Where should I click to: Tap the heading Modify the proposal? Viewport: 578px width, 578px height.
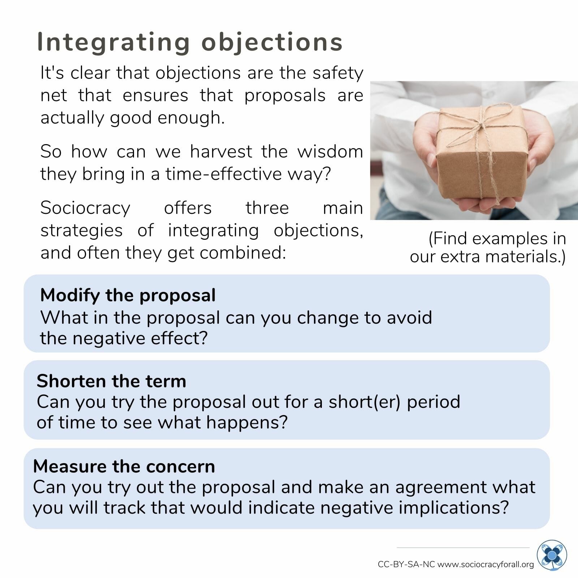(x=128, y=295)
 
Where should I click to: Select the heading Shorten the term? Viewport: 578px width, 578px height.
(x=111, y=381)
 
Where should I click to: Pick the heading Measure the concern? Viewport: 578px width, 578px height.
(x=124, y=466)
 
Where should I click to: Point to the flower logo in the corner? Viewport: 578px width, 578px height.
(x=552, y=555)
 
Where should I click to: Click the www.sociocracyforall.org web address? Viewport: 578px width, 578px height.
(x=486, y=564)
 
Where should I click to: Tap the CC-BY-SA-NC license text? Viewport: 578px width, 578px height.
(x=406, y=564)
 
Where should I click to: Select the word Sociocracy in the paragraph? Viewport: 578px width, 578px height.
(x=85, y=208)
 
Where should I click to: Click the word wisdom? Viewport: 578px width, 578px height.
(x=330, y=151)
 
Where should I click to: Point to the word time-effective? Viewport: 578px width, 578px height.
(x=224, y=174)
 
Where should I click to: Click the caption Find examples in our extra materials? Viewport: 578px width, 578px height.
(x=488, y=247)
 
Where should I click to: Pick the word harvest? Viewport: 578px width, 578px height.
(x=221, y=151)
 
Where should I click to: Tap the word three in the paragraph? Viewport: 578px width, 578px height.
(x=267, y=208)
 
